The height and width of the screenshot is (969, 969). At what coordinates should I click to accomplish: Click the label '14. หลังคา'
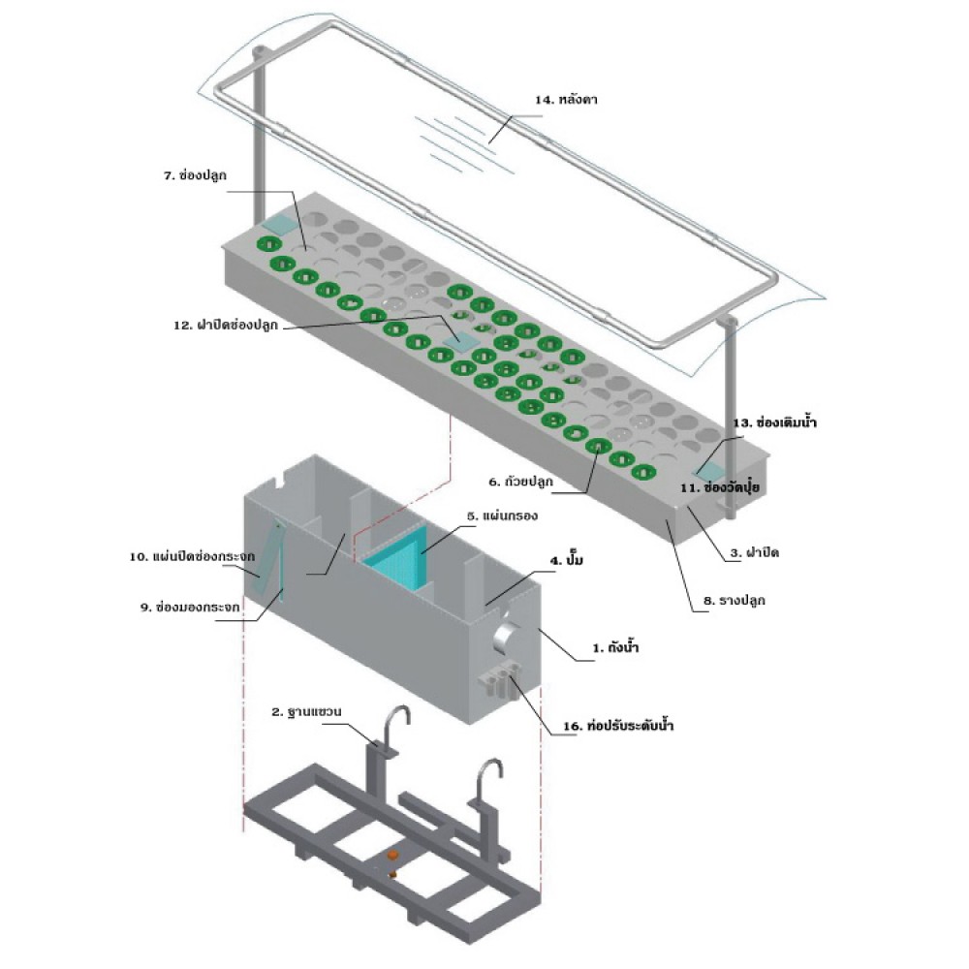coord(566,100)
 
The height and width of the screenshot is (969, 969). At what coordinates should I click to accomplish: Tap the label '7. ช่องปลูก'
coord(195,175)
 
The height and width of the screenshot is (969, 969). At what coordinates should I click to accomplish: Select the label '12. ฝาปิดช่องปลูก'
coord(226,325)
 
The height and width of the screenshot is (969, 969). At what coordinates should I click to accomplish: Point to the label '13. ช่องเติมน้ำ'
coord(774,422)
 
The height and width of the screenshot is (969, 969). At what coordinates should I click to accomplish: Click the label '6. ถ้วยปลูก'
coord(521,482)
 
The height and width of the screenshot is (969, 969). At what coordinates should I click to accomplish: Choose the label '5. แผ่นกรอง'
coord(502,516)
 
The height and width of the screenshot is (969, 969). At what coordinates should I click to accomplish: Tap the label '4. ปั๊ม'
coord(567,560)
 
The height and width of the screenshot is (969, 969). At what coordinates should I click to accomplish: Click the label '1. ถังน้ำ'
coord(615,647)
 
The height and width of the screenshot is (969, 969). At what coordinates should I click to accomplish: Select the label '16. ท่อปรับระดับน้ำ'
coord(618,726)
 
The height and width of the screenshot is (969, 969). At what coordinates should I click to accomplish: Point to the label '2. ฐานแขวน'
coord(306,712)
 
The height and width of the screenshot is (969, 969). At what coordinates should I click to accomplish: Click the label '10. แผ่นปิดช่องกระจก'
coord(192,557)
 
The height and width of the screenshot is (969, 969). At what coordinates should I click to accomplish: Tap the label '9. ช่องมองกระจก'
coord(190,608)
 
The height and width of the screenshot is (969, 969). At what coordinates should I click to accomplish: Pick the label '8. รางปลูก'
coord(735,600)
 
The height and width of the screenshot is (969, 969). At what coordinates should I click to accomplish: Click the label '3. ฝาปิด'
coord(755,552)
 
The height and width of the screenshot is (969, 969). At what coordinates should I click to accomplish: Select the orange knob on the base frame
coord(391,856)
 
